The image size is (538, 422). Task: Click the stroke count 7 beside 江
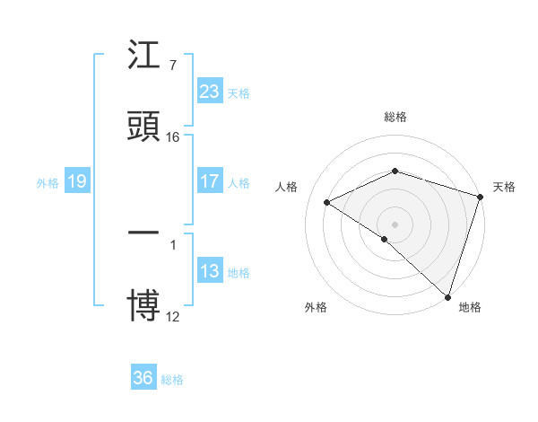click(x=172, y=65)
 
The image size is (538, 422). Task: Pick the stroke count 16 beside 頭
click(x=173, y=137)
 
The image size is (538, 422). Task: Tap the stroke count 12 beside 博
click(x=173, y=315)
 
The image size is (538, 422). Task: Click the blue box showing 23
click(x=210, y=92)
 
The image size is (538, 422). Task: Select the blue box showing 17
click(x=210, y=181)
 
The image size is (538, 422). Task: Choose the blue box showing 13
click(x=210, y=271)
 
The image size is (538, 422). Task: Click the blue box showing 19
click(x=76, y=182)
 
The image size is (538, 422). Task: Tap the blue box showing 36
click(x=143, y=378)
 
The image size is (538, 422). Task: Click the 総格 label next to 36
click(x=172, y=380)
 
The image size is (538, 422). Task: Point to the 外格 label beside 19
click(x=48, y=183)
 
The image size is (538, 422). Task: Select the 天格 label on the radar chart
click(x=504, y=187)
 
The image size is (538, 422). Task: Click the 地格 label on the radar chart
click(x=470, y=307)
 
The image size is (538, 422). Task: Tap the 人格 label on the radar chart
click(x=286, y=187)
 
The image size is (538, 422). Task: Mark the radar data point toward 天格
click(x=481, y=197)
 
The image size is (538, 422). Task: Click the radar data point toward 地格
click(x=448, y=296)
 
